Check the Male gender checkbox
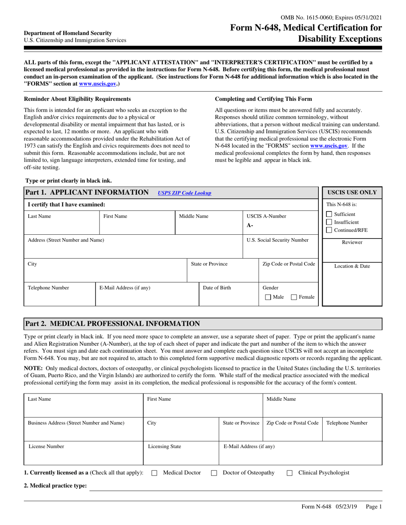pyautogui.click(x=268, y=297)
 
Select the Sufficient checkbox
pyautogui.click(x=329, y=214)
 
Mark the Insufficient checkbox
pyautogui.click(x=329, y=222)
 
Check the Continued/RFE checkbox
pyautogui.click(x=329, y=230)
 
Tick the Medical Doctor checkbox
pyautogui.click(x=155, y=473)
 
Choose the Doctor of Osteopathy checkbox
pyautogui.click(x=215, y=473)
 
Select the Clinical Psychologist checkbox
pyautogui.click(x=289, y=473)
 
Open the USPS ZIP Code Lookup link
pyautogui.click(x=184, y=193)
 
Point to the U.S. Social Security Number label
pyautogui.click(x=278, y=240)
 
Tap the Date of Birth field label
pyautogui.click(x=217, y=288)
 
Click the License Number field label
pyautogui.click(x=46, y=446)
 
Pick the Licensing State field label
pyautogui.click(x=164, y=446)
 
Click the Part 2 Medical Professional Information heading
pyautogui.click(x=112, y=324)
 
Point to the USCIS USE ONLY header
pyautogui.click(x=352, y=192)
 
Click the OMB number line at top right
pyautogui.click(x=331, y=18)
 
